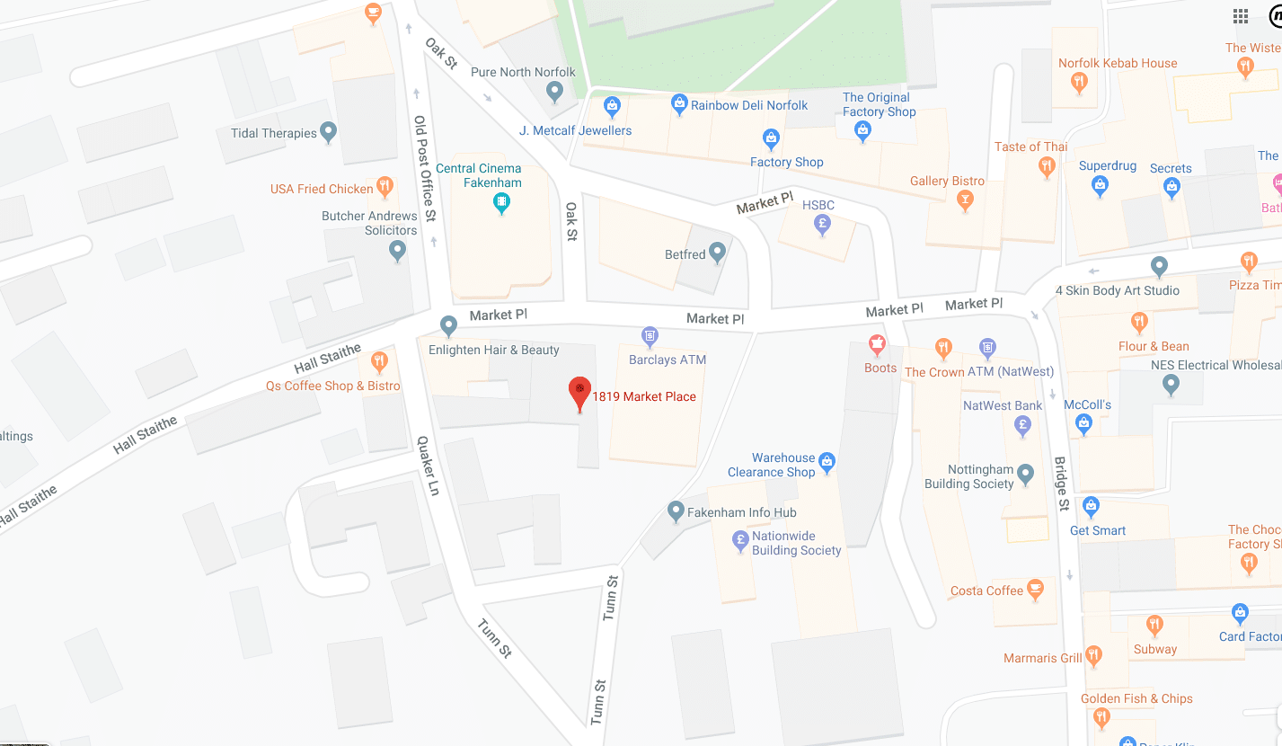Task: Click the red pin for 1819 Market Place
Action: click(579, 392)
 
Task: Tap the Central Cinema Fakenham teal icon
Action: click(502, 203)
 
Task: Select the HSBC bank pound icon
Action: click(821, 225)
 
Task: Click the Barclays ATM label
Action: click(667, 360)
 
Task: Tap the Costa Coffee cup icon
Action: click(1035, 590)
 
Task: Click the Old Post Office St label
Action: click(424, 168)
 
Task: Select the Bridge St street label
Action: click(1062, 484)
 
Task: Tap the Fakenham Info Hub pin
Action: click(676, 511)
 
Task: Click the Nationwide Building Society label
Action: click(796, 543)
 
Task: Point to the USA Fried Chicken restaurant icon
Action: click(385, 187)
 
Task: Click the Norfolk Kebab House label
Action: click(1117, 63)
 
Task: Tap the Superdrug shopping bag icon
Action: click(1100, 186)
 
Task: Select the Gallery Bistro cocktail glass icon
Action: click(966, 200)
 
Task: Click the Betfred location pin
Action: click(717, 253)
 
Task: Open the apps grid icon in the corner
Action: click(1241, 16)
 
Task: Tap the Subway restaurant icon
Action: click(1154, 626)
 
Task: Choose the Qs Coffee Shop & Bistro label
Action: click(332, 386)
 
